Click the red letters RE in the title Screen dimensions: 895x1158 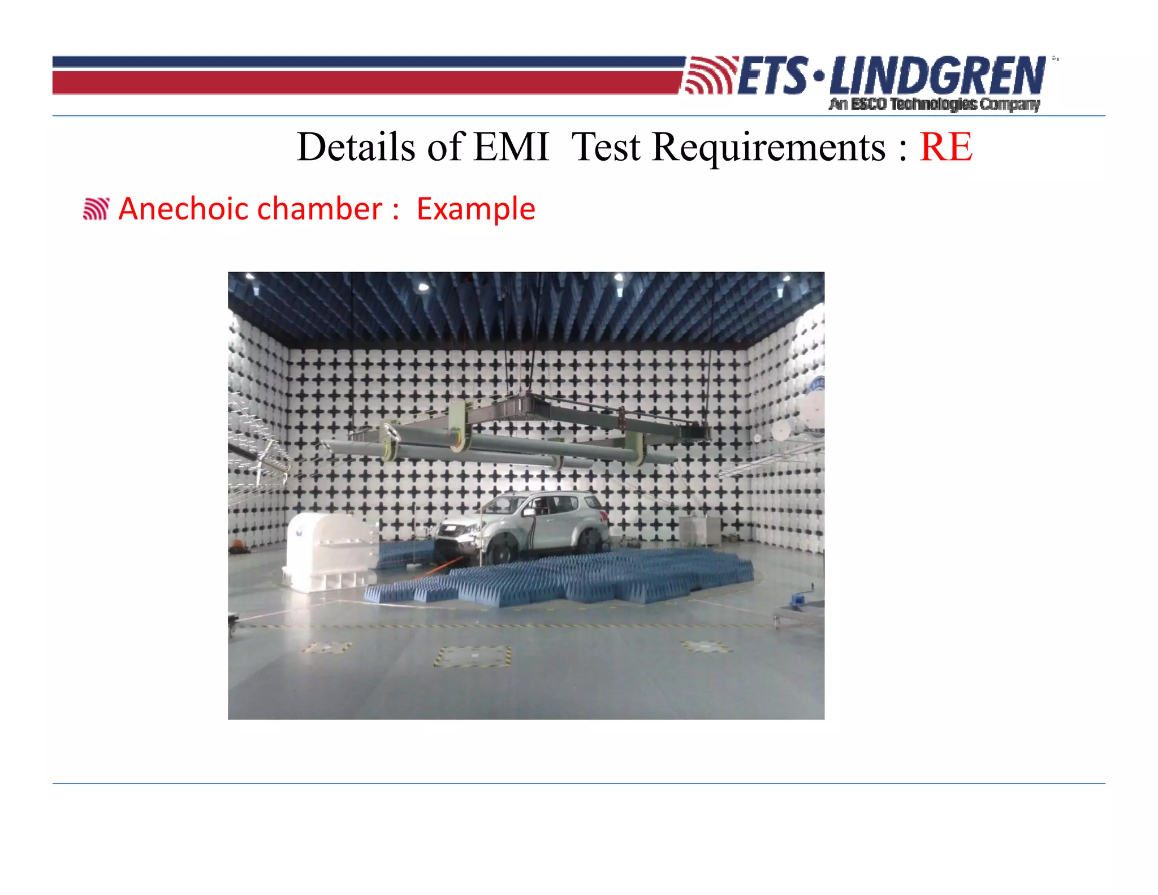click(945, 147)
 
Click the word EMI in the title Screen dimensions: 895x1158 click(511, 147)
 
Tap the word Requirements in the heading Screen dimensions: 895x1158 click(768, 148)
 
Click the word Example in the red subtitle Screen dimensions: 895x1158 click(476, 209)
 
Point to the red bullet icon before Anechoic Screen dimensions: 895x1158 click(96, 209)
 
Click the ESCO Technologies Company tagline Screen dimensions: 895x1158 click(934, 104)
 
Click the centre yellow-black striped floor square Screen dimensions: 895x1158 click(473, 656)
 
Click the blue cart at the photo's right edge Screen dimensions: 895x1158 click(800, 598)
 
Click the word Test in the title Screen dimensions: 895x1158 click(606, 147)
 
